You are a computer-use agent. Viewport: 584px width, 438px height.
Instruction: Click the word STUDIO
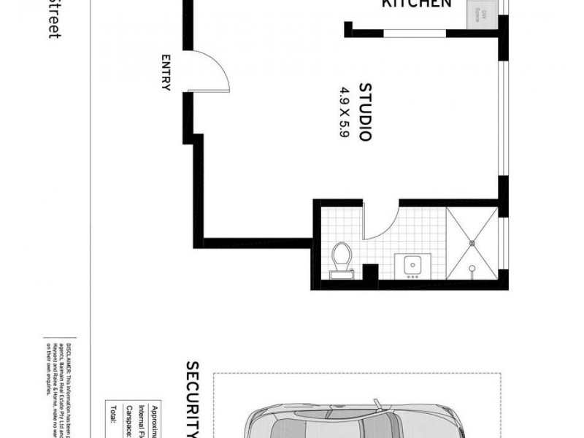[x=366, y=112]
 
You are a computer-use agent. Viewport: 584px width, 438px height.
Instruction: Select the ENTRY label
[x=166, y=72]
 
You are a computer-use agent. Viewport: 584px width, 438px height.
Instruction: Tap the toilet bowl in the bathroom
[x=341, y=255]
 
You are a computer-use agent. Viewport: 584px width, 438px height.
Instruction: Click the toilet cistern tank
[x=340, y=274]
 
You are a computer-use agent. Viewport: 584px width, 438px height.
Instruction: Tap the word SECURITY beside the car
[x=192, y=398]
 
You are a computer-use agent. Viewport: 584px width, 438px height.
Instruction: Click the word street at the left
[x=53, y=19]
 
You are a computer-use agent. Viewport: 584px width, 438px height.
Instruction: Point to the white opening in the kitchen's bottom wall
[x=415, y=32]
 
